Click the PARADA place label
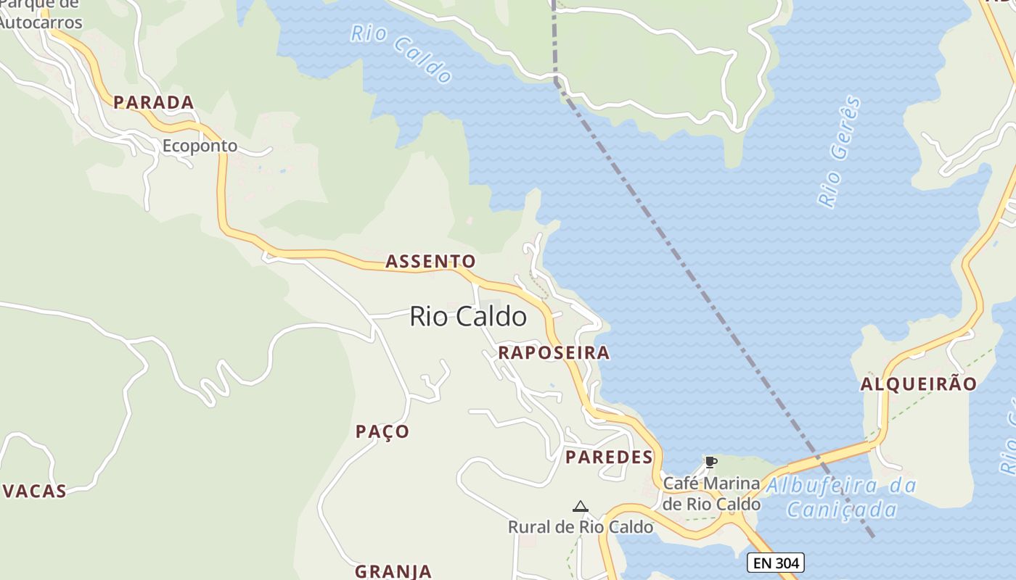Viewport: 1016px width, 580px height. (154, 102)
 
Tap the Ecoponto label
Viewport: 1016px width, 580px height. (200, 146)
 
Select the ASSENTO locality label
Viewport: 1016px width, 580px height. (430, 261)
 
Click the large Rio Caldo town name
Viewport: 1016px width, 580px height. (468, 316)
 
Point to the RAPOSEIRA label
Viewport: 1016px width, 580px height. (554, 353)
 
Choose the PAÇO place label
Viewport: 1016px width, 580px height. (382, 431)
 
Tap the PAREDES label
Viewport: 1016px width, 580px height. (609, 457)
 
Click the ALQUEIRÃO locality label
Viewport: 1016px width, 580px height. (919, 384)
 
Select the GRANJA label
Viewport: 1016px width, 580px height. (393, 571)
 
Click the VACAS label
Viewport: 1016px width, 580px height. (35, 491)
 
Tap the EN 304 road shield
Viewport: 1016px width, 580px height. (776, 563)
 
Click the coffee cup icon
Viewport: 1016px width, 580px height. (710, 462)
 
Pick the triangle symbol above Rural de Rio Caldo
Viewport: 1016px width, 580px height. (580, 506)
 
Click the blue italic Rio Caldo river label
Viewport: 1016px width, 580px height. (401, 53)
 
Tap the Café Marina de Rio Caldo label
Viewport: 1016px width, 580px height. (712, 493)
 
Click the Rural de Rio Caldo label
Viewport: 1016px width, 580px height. (581, 527)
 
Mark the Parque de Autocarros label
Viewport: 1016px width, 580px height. (40, 14)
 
